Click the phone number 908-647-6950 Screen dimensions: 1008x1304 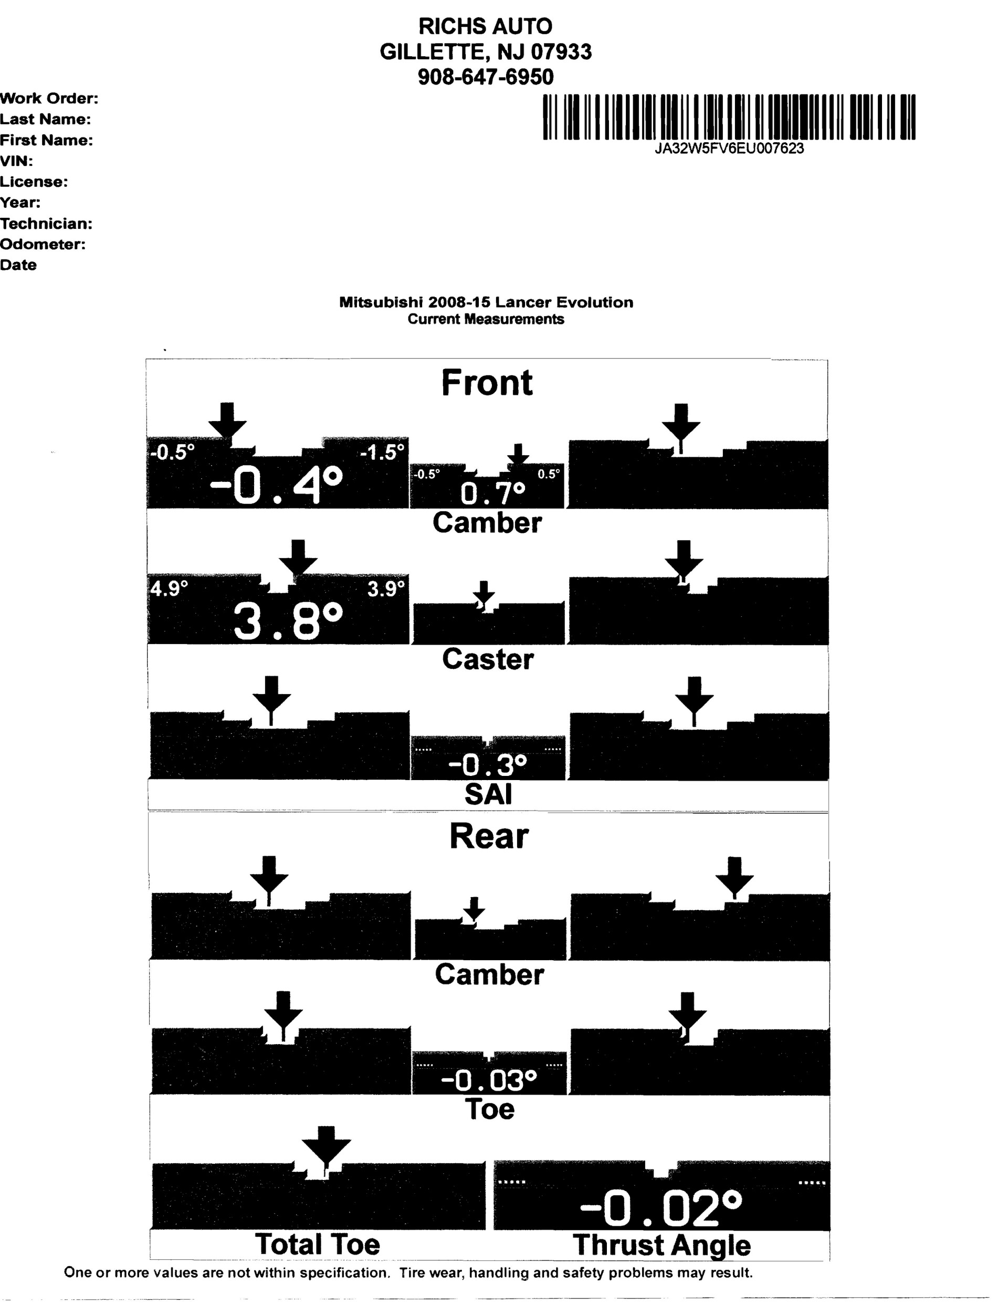[486, 77]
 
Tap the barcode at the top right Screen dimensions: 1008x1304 [729, 117]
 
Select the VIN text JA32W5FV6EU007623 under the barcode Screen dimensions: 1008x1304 [729, 149]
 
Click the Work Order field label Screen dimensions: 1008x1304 [49, 99]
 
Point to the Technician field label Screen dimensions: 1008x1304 [46, 224]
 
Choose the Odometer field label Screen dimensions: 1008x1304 [43, 244]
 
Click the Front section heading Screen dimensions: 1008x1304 [487, 383]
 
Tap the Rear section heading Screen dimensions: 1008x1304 [488, 836]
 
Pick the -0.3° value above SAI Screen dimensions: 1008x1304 [487, 764]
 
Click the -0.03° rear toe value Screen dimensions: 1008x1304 [488, 1080]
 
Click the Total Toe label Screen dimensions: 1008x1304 [317, 1245]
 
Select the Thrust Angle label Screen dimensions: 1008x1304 [661, 1246]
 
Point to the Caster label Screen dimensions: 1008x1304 [488, 659]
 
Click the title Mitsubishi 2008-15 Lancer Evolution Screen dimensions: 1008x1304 [486, 302]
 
